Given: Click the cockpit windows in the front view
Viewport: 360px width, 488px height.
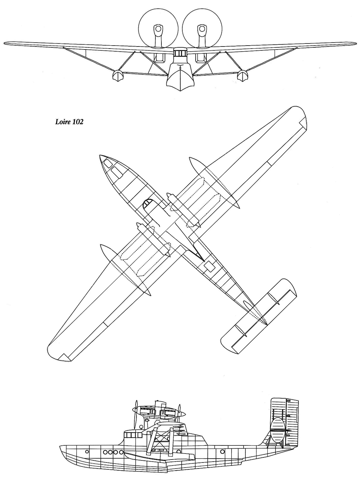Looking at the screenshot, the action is (x=180, y=53).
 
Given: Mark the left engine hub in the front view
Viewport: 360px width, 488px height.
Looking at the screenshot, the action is (x=158, y=29).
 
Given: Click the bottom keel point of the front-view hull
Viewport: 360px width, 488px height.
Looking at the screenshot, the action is (x=180, y=91).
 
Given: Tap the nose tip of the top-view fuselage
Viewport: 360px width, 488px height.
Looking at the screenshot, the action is (x=100, y=155).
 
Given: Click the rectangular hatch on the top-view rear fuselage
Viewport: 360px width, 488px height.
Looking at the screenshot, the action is (x=209, y=266).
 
